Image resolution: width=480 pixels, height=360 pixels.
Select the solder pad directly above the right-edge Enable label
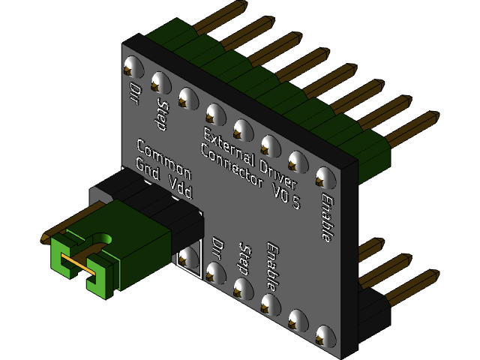pos(324,177)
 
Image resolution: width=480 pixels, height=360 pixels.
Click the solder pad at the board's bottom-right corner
pos(324,336)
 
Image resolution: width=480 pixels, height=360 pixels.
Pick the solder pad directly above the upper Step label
pos(159,81)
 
